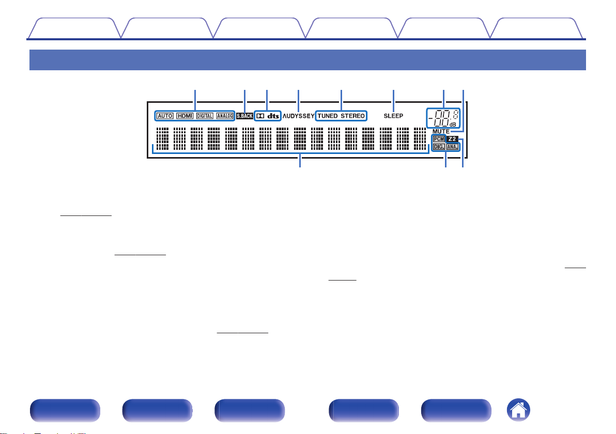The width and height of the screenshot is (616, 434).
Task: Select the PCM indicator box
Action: pos(439,139)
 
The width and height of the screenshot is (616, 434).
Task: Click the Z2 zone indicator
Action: pos(452,139)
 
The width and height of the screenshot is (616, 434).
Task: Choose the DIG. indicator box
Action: pos(439,147)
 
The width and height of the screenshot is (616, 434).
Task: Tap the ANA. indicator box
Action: pos(452,147)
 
